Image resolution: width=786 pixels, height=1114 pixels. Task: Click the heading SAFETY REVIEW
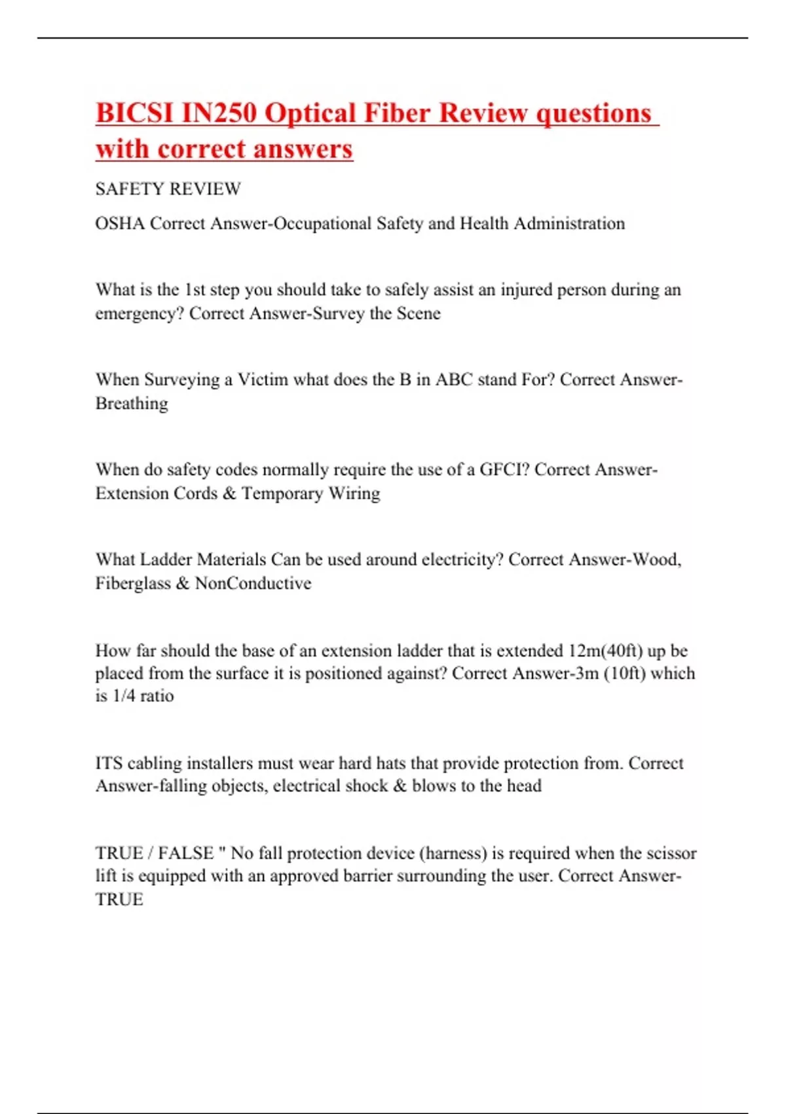(168, 189)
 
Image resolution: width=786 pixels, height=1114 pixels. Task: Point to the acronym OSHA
(120, 223)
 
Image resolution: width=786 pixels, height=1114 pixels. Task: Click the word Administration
(569, 223)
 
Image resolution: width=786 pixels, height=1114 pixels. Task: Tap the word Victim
(262, 379)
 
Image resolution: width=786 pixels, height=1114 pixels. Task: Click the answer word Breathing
(132, 403)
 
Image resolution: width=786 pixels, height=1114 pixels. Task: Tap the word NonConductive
(253, 583)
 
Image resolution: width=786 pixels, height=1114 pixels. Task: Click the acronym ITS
(109, 763)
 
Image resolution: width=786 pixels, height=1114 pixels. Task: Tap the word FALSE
(185, 853)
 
